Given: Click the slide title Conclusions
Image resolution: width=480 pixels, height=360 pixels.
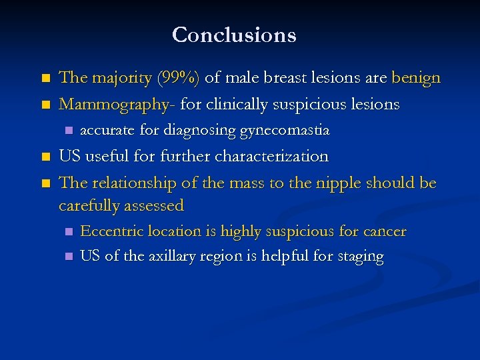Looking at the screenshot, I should pyautogui.click(x=234, y=35).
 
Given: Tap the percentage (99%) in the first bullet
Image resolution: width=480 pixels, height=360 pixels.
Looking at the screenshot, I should pyautogui.click(x=177, y=78).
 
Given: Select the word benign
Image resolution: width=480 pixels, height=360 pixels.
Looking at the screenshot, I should pyautogui.click(x=416, y=78).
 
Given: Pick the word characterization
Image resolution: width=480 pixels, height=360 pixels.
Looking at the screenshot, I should pyautogui.click(x=271, y=157).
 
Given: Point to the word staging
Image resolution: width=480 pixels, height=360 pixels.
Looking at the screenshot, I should pyautogui.click(x=360, y=257).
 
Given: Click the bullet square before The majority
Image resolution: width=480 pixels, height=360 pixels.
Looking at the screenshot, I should pyautogui.click(x=45, y=79).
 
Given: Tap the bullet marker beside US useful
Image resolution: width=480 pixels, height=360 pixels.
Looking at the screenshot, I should pyautogui.click(x=45, y=157).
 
